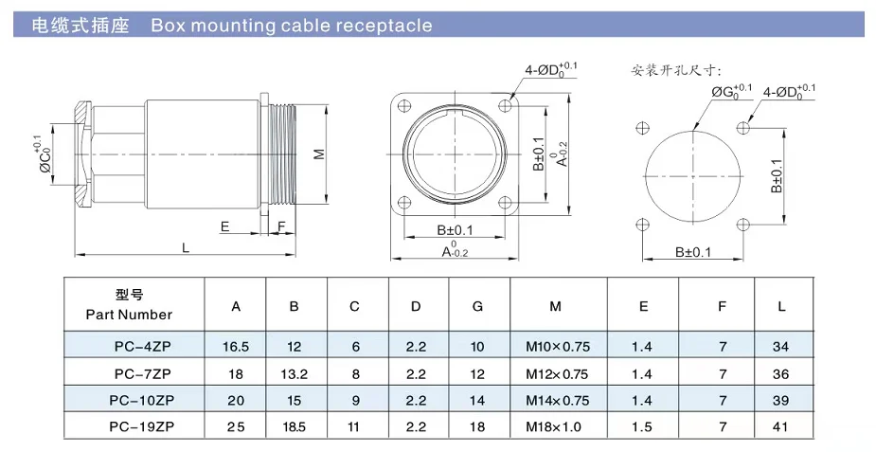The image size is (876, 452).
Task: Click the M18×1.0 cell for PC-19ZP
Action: [x=556, y=427]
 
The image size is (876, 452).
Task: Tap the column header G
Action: [x=477, y=306]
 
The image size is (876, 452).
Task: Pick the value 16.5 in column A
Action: [x=236, y=348]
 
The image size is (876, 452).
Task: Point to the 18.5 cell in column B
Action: [x=295, y=427]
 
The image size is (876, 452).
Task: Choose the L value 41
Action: [x=781, y=427]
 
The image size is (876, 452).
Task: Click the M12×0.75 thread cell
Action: [x=556, y=374]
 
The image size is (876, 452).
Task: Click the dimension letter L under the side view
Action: [x=186, y=247]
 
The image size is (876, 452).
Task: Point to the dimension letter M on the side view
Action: [x=319, y=154]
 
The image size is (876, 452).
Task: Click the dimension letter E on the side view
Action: [x=224, y=226]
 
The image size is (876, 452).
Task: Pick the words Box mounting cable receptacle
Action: [x=292, y=26]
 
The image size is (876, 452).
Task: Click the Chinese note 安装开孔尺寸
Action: [x=676, y=70]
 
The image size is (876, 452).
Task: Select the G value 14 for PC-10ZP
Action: [x=477, y=401]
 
